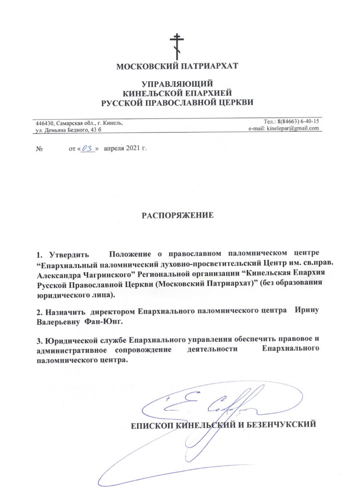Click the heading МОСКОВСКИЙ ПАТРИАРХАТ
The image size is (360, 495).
click(177, 66)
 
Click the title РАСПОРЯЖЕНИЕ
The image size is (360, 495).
click(177, 214)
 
